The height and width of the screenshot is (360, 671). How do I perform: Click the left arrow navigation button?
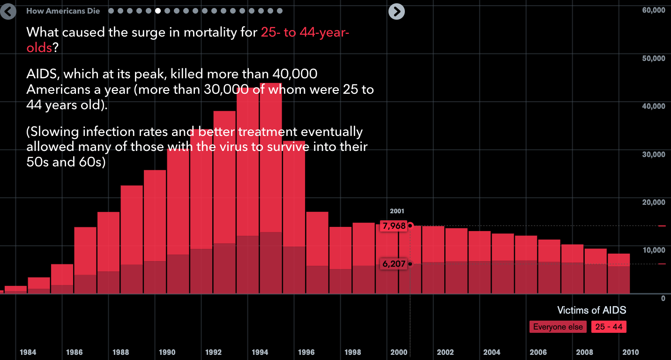point(8,11)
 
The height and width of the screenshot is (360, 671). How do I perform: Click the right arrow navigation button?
point(396,11)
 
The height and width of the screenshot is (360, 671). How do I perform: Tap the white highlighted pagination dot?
point(158,11)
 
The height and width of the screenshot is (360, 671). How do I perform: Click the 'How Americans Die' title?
point(63,11)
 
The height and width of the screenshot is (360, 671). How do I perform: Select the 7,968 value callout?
point(394,226)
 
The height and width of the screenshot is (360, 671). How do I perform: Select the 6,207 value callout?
point(394,264)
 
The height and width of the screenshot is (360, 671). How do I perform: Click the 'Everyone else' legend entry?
point(558,327)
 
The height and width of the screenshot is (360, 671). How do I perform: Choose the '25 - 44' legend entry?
point(609,327)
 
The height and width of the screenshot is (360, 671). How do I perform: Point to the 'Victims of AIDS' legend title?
point(591,310)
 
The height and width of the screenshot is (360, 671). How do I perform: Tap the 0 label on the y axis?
point(663,298)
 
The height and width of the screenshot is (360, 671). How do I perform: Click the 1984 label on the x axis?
point(29,352)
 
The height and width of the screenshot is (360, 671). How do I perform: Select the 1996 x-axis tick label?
point(306,352)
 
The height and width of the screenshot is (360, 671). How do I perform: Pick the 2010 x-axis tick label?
point(630,352)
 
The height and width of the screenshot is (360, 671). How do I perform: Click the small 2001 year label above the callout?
point(397,211)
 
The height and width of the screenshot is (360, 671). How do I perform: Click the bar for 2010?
point(619,274)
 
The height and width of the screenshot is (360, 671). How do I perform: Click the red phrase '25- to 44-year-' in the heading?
point(305,32)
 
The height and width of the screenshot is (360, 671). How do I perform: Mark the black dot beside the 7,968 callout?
point(410,225)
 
